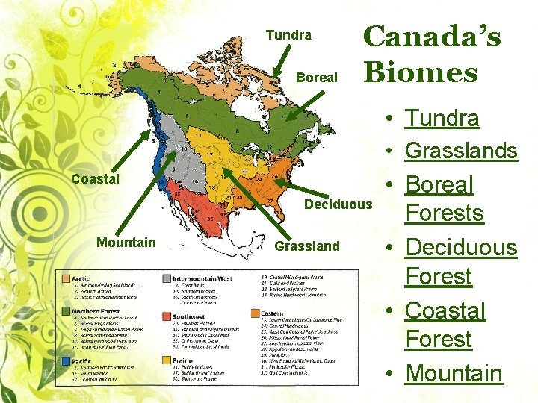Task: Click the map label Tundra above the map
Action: (x=288, y=36)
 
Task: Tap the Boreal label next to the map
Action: (x=318, y=78)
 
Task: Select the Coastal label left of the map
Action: (x=95, y=179)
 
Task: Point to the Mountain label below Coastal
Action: (x=126, y=242)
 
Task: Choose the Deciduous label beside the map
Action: (x=338, y=204)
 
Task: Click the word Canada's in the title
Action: (x=432, y=36)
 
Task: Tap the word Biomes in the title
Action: (x=420, y=72)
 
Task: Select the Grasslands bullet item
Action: (x=461, y=151)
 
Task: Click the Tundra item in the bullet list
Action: (x=442, y=118)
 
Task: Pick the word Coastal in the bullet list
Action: (x=445, y=310)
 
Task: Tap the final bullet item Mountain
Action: (x=454, y=373)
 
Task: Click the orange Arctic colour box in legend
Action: (x=67, y=278)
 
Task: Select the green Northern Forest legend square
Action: (x=67, y=310)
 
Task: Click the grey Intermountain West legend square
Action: (x=165, y=278)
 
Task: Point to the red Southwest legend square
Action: (x=165, y=316)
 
